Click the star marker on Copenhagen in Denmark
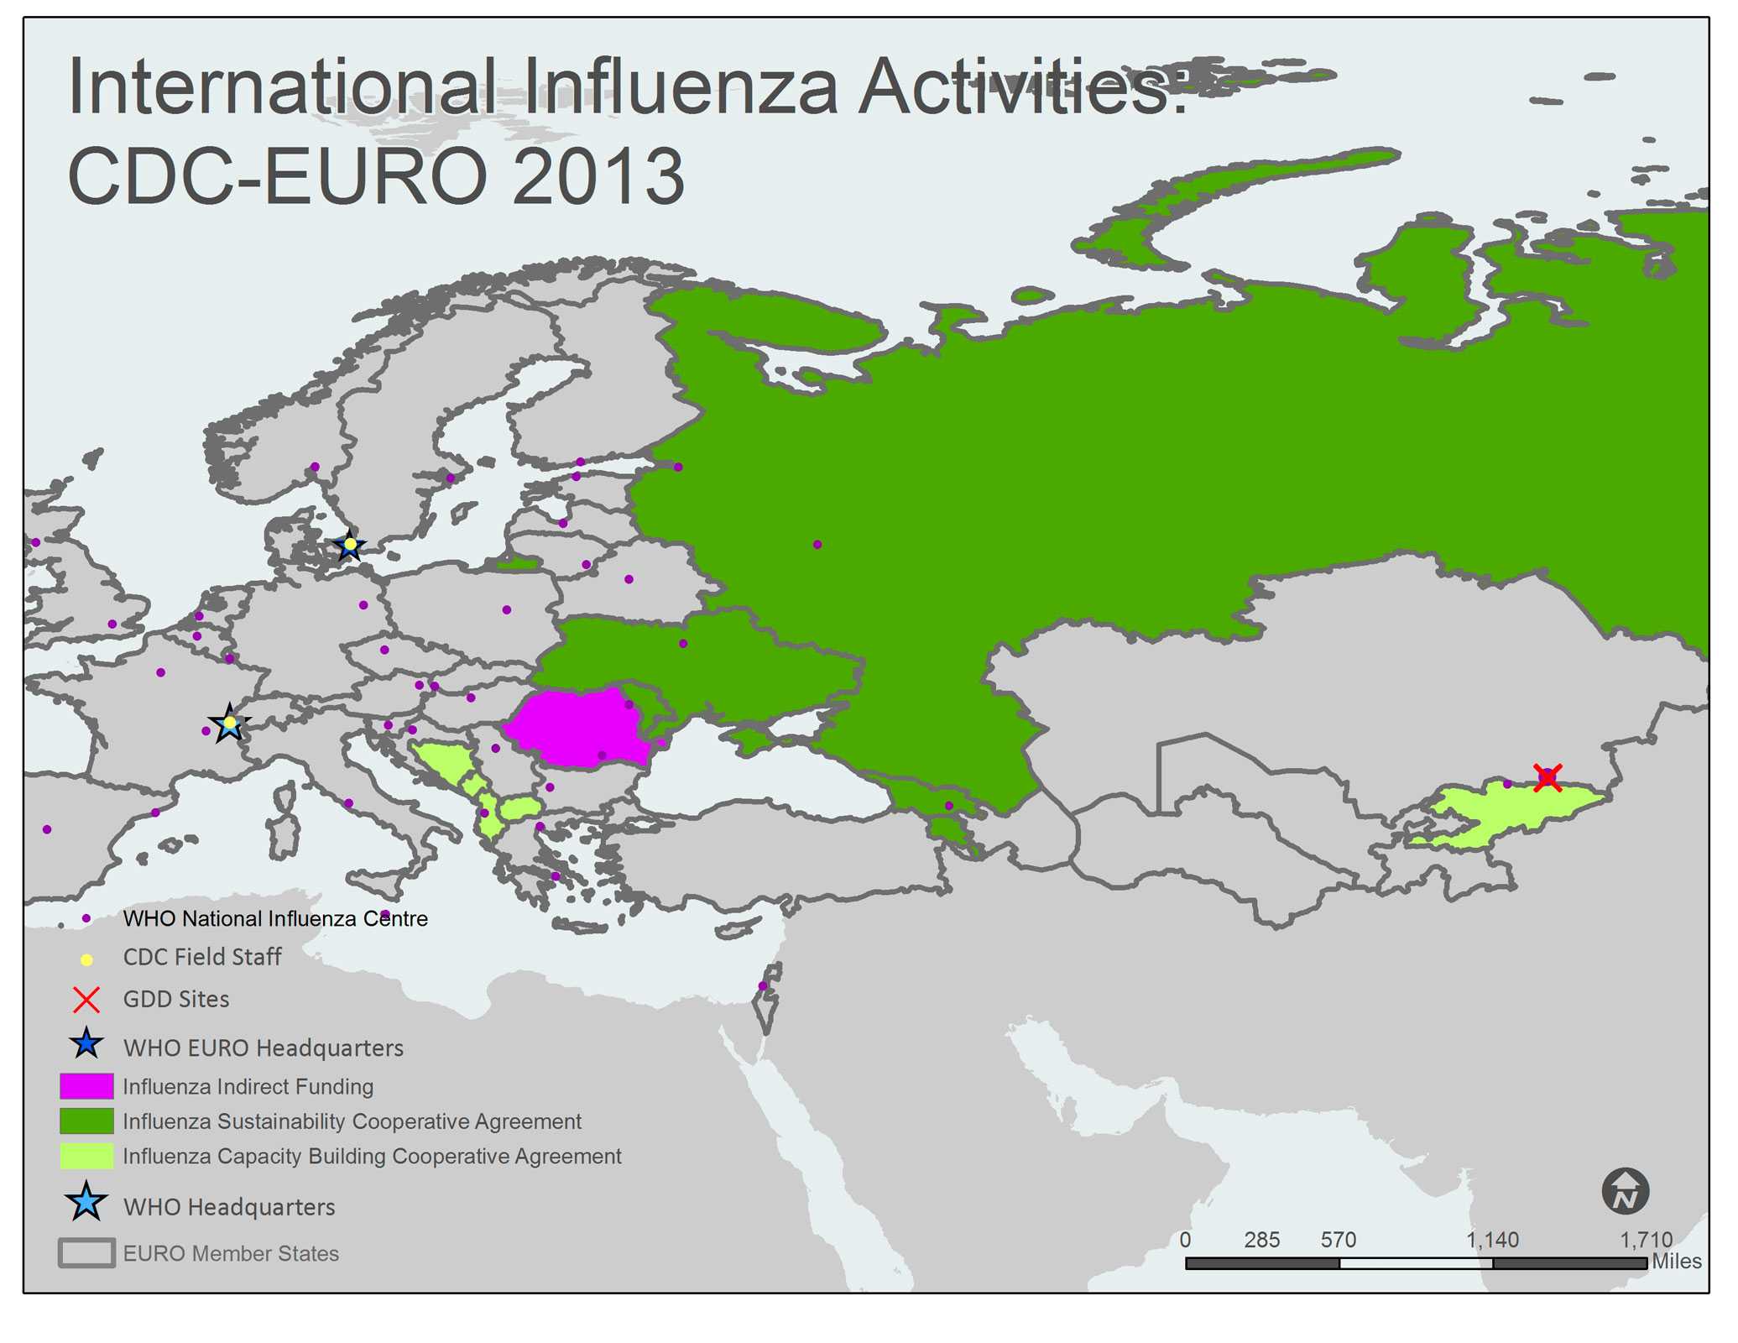(350, 546)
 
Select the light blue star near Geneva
(229, 724)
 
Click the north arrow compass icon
(1625, 1191)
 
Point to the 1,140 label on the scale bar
(1492, 1240)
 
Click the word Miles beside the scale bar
(1676, 1262)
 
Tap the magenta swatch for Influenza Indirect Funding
(86, 1086)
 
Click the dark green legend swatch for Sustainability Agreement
(86, 1121)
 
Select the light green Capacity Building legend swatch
(86, 1157)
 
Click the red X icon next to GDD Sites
(86, 1000)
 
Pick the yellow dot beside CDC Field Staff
(86, 959)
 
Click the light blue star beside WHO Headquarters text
(86, 1203)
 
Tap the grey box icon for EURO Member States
(86, 1253)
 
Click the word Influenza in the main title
(681, 87)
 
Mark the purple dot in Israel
(762, 985)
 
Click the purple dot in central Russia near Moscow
(817, 545)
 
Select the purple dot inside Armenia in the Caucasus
(949, 806)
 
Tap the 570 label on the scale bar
(1338, 1240)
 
